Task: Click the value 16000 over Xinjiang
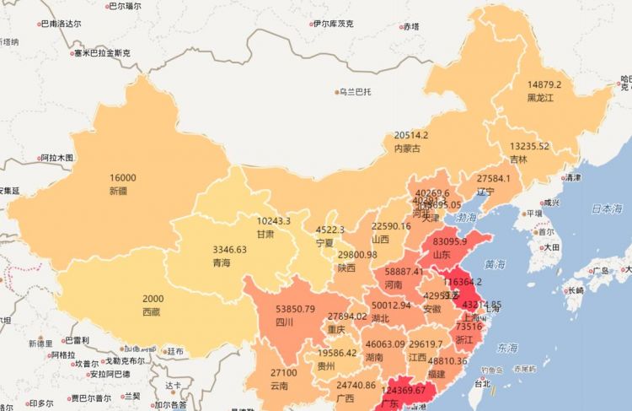click(122, 178)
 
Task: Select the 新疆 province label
click(118, 192)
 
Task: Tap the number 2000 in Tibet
click(153, 300)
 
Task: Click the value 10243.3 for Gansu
click(273, 221)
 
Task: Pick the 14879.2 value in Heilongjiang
click(544, 84)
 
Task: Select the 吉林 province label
click(518, 159)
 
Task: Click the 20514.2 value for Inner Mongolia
click(411, 135)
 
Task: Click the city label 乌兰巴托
click(355, 91)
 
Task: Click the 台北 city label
click(483, 383)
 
